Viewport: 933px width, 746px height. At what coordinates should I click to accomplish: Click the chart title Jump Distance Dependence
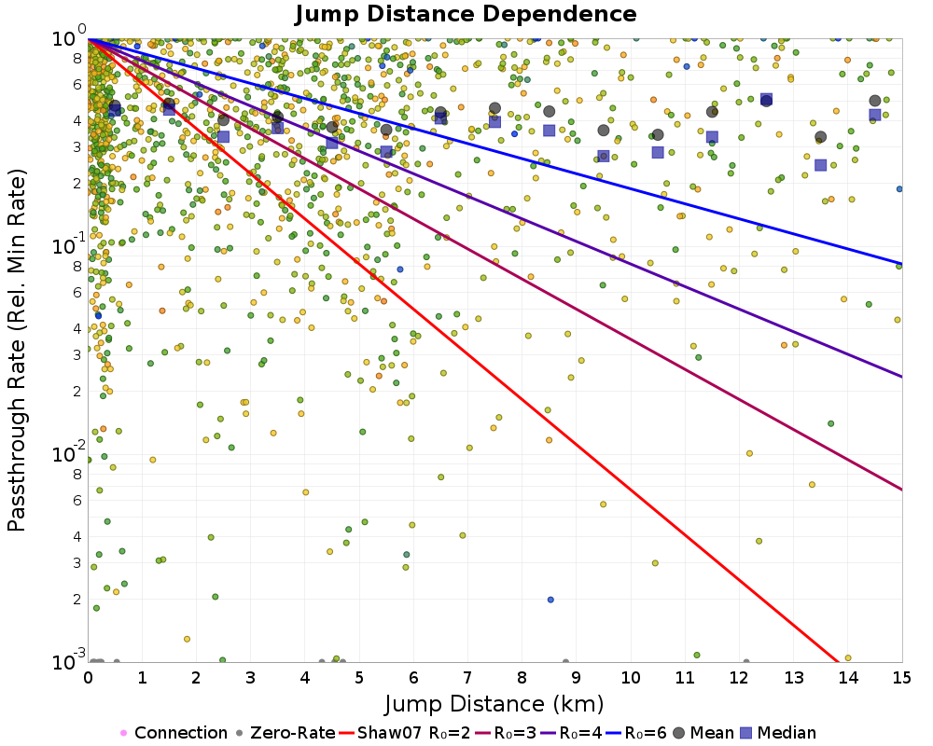point(466,15)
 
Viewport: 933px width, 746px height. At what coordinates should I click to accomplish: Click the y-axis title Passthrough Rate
point(16,351)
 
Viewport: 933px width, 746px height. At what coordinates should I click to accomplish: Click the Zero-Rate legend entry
point(286,733)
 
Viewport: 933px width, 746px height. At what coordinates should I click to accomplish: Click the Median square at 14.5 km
point(875,115)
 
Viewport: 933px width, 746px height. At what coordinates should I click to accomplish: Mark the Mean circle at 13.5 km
point(820,137)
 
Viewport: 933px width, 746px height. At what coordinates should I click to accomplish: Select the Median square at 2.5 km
point(224,137)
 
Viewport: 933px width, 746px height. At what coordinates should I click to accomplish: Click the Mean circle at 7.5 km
point(494,108)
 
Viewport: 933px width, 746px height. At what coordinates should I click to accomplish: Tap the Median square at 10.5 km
point(658,152)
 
